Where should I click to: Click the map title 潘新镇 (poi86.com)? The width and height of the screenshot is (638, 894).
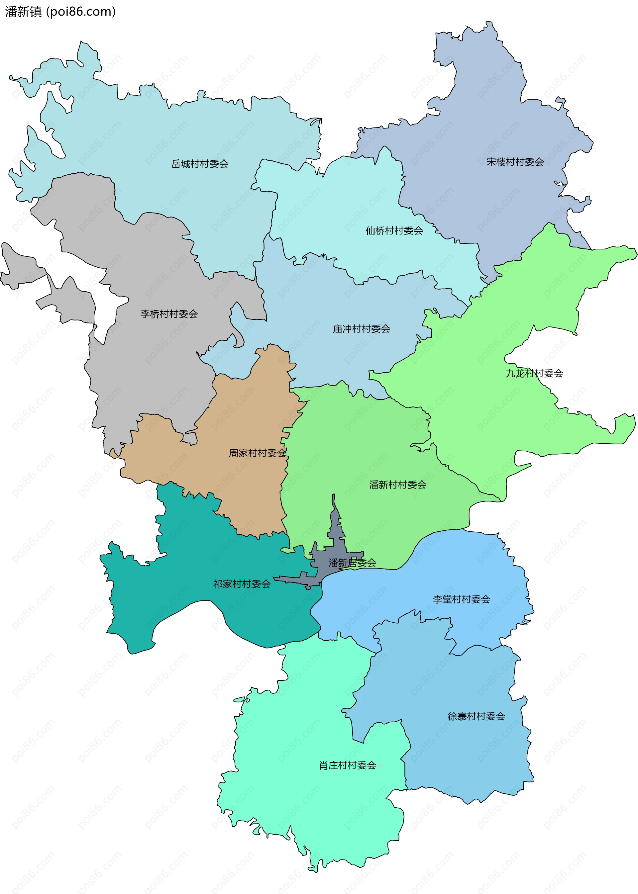60,12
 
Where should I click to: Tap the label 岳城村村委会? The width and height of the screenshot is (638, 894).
200,164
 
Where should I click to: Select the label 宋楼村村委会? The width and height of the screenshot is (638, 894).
515,162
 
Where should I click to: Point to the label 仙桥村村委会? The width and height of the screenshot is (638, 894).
394,231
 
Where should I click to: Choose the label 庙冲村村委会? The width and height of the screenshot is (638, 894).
362,329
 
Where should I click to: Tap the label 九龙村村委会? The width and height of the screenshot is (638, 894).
534,373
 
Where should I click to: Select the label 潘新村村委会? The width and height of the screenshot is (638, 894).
397,485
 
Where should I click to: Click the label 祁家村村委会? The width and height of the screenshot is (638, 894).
242,584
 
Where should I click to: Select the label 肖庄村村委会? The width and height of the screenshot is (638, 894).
347,765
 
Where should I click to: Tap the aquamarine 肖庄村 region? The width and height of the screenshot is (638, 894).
314,805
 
